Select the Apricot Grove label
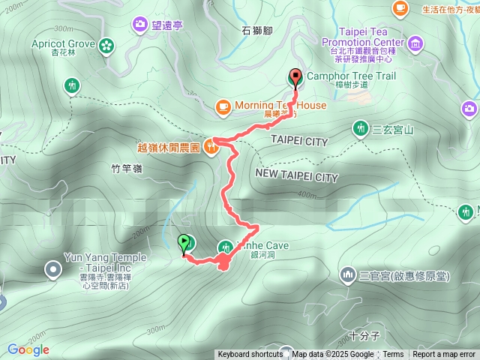(63, 44)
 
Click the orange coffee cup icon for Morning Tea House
(223, 107)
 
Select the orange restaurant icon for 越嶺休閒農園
(212, 148)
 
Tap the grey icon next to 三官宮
(347, 276)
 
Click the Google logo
(28, 349)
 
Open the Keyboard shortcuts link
(250, 355)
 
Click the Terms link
(394, 355)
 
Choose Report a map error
(445, 355)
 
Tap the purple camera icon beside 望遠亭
(140, 25)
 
